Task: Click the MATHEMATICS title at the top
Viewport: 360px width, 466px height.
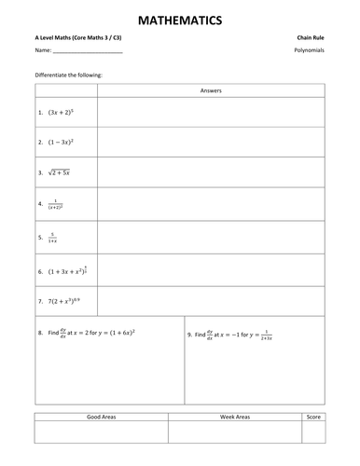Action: coord(180,18)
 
